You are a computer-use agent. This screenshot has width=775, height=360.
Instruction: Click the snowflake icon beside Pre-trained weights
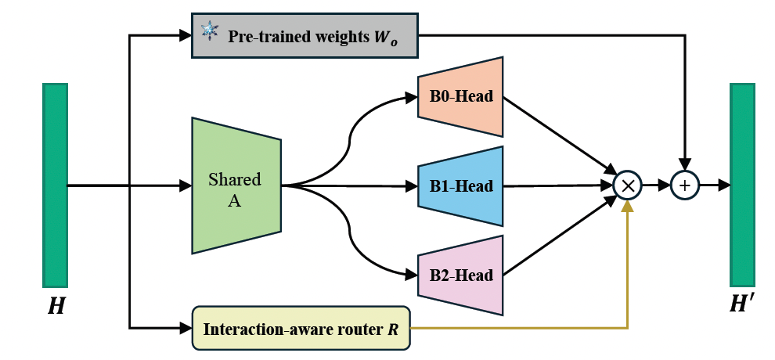tap(209, 32)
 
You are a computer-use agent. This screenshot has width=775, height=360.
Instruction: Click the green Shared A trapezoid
tap(236, 185)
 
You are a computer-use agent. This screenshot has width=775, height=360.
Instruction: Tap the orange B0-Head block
tap(460, 97)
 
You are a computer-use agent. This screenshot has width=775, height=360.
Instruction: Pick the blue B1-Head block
tap(460, 186)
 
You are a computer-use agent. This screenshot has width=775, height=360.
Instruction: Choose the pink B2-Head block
tap(460, 275)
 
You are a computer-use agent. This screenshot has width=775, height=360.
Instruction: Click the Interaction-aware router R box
tap(301, 328)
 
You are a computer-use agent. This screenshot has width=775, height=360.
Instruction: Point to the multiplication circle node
tap(627, 185)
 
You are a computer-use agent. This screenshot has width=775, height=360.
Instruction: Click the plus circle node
tap(685, 185)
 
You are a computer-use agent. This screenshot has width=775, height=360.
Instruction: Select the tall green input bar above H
tap(56, 185)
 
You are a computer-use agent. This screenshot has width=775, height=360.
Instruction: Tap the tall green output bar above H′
tap(742, 185)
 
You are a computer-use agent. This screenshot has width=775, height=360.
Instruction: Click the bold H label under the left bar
tap(56, 308)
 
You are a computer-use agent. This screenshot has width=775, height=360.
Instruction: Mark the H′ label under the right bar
tap(743, 308)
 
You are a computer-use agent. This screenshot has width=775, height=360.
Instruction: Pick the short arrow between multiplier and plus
tap(656, 185)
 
